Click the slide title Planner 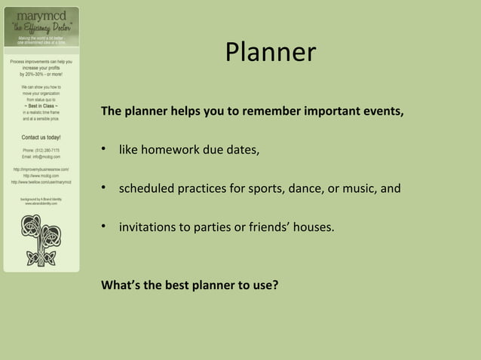click(270, 52)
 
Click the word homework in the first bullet click(173, 151)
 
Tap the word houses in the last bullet click(313, 227)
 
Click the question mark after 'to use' click(276, 285)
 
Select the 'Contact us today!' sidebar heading click(41, 138)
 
